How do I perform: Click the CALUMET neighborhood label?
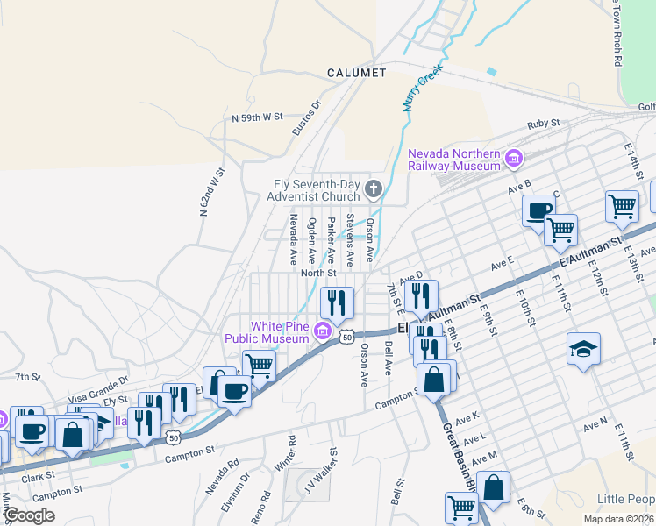356,73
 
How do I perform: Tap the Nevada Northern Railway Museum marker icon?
513,160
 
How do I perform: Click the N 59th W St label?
257,117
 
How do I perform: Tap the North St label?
318,273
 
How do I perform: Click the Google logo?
29,515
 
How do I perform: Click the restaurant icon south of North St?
338,302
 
